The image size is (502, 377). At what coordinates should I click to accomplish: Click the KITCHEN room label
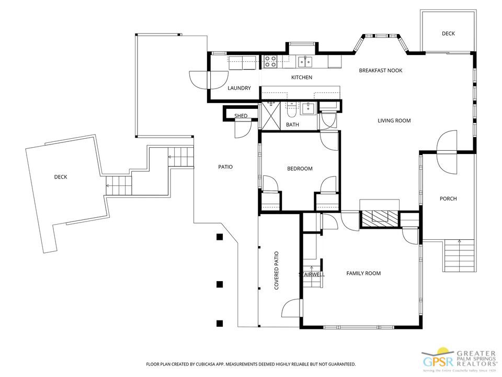[x=302, y=77]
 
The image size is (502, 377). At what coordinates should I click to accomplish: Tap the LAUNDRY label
[x=239, y=88]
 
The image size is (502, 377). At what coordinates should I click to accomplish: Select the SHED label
[x=241, y=116]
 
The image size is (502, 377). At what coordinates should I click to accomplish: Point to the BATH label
[x=292, y=125]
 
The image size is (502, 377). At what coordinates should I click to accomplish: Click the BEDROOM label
[x=300, y=169]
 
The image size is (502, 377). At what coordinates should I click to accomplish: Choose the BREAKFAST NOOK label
[x=380, y=70]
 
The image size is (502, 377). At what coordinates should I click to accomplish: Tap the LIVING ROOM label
[x=394, y=120]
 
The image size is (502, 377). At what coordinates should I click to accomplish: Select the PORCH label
[x=448, y=198]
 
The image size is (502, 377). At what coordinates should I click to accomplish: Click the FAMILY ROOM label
[x=363, y=273]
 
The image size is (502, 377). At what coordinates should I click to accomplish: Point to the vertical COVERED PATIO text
[x=277, y=271]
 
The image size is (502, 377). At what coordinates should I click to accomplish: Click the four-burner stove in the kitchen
[x=270, y=62]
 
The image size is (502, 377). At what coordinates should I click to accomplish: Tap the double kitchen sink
[x=305, y=62]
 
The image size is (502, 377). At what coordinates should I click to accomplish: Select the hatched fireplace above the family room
[x=379, y=218]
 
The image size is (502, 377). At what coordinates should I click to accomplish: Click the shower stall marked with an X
[x=271, y=115]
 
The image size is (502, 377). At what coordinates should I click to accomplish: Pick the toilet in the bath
[x=291, y=111]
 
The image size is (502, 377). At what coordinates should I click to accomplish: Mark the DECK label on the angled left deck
[x=61, y=177]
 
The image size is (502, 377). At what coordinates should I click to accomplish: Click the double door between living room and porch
[x=448, y=151]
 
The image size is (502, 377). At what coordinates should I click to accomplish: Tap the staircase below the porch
[x=459, y=256]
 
